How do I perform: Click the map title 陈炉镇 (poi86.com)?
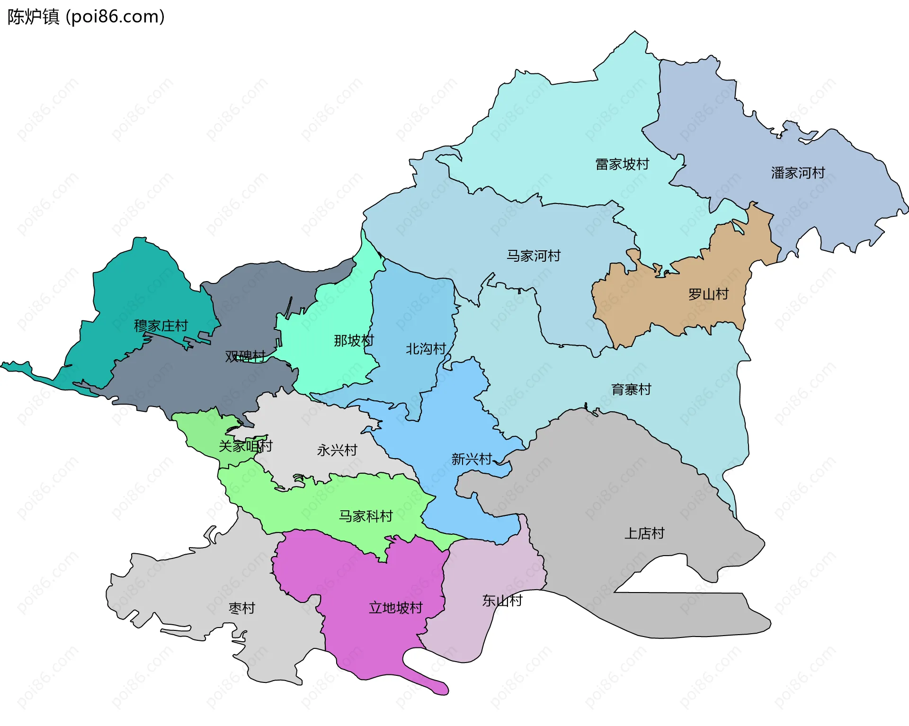click(86, 17)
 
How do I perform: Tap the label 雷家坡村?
click(622, 164)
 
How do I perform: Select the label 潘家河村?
click(798, 173)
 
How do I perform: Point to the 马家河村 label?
click(534, 256)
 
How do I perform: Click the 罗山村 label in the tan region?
click(708, 294)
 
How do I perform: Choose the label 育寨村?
click(631, 390)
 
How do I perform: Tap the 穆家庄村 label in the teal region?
click(161, 326)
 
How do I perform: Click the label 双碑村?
click(245, 356)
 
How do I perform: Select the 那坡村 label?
click(354, 340)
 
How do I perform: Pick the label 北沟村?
click(426, 349)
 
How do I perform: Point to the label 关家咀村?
click(245, 446)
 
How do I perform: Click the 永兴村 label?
click(337, 450)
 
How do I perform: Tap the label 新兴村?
click(472, 459)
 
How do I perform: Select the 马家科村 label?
click(365, 516)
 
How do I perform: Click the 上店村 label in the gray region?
click(644, 533)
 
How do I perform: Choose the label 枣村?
click(242, 608)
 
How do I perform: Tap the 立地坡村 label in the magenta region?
click(395, 608)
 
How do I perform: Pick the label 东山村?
click(502, 601)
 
